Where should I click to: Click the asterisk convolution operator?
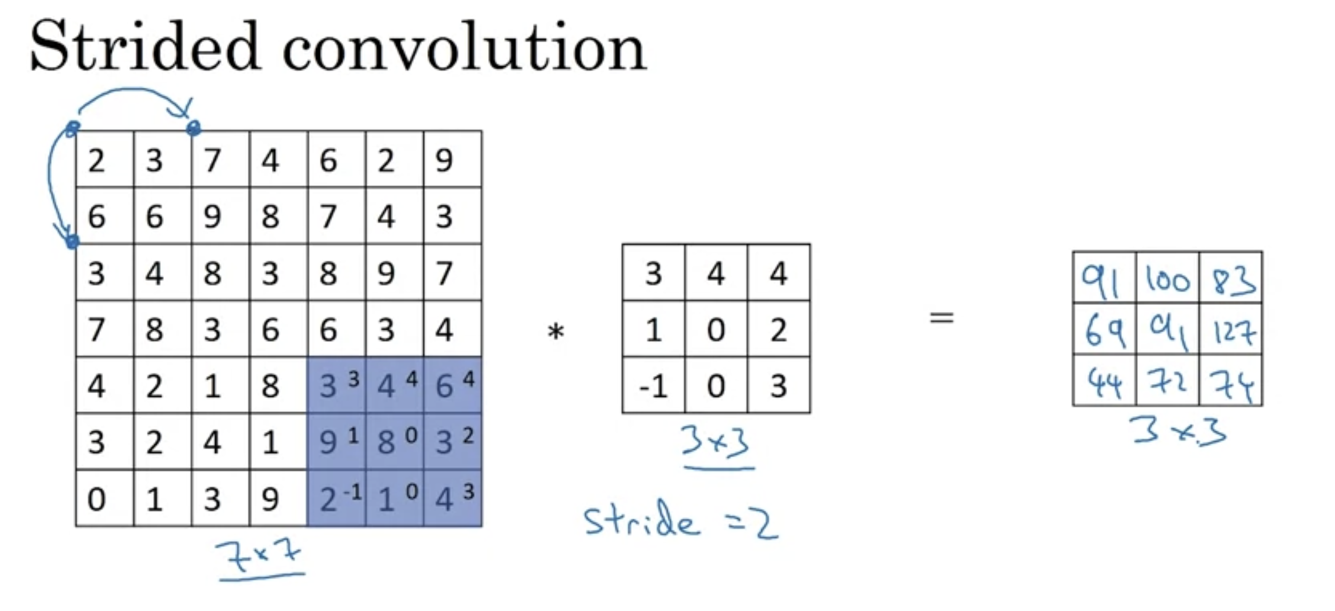(555, 333)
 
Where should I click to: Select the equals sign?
(941, 318)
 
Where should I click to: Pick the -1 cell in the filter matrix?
(653, 386)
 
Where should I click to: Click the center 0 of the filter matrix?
(716, 330)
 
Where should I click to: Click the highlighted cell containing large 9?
(336, 442)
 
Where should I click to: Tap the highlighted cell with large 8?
(394, 442)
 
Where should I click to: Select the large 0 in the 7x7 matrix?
(97, 499)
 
